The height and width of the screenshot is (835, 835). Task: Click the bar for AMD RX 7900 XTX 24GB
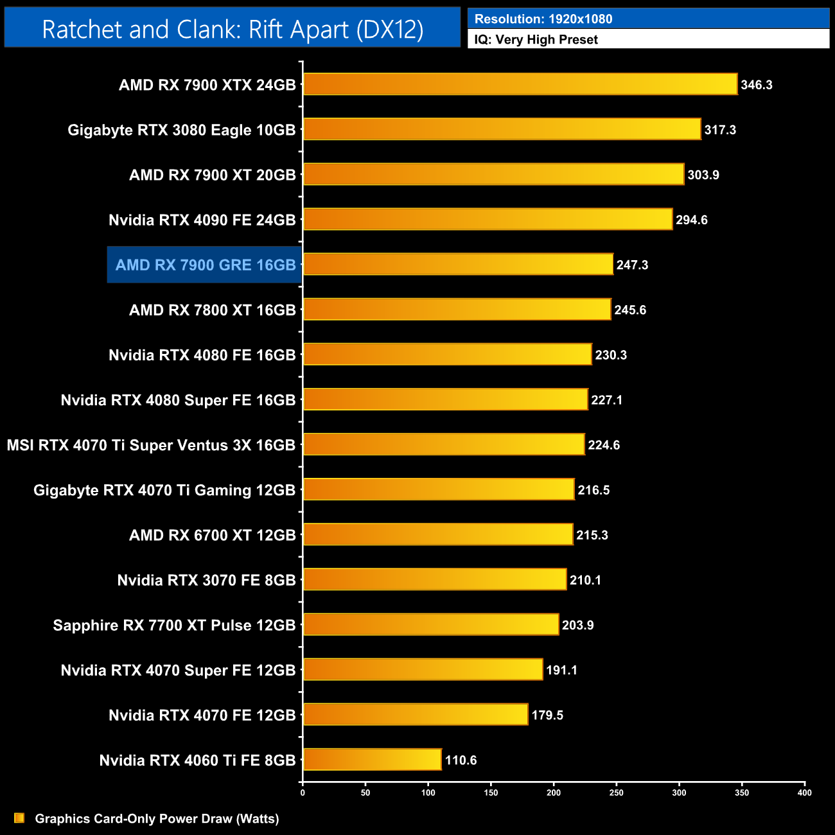[520, 84]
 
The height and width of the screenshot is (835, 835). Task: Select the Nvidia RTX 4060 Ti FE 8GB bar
[373, 760]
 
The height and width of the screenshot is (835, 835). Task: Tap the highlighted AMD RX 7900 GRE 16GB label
[205, 265]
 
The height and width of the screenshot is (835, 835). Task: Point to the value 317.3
[720, 130]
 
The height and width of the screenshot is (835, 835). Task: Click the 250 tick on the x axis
[616, 793]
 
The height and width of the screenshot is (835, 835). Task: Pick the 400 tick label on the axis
[804, 793]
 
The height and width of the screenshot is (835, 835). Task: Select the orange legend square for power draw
[19, 818]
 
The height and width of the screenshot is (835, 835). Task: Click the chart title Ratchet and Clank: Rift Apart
[233, 30]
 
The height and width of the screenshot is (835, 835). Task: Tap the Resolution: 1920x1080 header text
[543, 19]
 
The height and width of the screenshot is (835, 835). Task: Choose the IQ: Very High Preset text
[536, 40]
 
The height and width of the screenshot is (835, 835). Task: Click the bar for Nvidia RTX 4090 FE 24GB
[488, 220]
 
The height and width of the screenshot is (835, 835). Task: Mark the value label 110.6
[461, 760]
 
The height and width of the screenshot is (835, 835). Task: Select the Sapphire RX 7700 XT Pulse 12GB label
[174, 625]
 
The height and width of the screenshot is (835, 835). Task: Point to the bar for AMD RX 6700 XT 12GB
[438, 534]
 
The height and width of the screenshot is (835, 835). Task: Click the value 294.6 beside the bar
[692, 220]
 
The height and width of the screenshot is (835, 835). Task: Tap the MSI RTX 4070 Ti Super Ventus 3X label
[151, 445]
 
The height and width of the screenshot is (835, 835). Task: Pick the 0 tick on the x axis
[303, 793]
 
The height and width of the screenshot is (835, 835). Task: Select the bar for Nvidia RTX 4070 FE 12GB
[416, 714]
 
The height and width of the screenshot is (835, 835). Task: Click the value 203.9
[577, 625]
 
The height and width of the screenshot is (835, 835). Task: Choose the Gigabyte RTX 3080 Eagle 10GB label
[182, 130]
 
